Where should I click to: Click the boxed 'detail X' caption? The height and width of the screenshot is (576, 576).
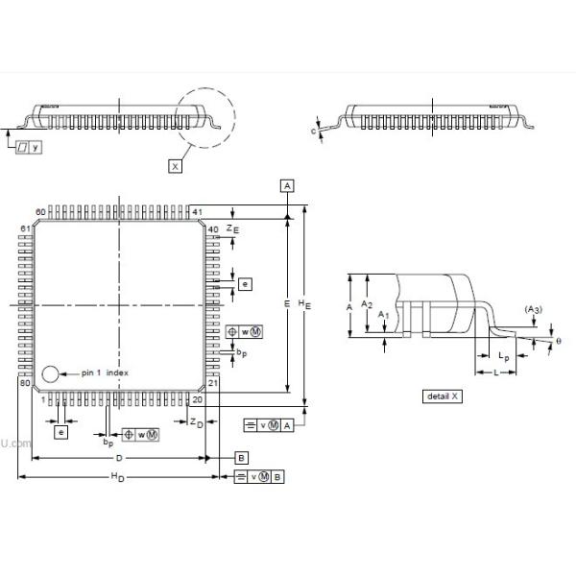click(443, 396)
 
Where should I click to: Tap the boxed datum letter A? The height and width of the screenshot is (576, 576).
click(287, 184)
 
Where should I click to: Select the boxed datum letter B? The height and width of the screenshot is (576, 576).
click(242, 458)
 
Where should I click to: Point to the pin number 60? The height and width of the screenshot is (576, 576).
click(41, 211)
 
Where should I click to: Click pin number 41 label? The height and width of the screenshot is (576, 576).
click(197, 211)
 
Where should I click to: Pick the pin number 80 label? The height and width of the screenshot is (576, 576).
click(26, 383)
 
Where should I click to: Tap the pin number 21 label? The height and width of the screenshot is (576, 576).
click(213, 383)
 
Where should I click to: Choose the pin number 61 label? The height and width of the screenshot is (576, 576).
click(26, 228)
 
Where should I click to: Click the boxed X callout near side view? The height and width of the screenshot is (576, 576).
click(175, 166)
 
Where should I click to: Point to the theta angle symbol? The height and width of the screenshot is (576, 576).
click(559, 341)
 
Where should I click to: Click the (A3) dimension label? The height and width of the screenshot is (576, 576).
click(534, 308)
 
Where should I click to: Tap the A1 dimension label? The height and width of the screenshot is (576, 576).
click(383, 315)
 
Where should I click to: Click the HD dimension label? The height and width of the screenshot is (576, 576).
click(117, 477)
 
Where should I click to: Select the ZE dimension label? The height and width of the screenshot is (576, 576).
click(232, 228)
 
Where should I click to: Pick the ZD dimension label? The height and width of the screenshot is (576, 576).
click(195, 422)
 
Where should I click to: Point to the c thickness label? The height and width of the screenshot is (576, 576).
click(315, 130)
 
